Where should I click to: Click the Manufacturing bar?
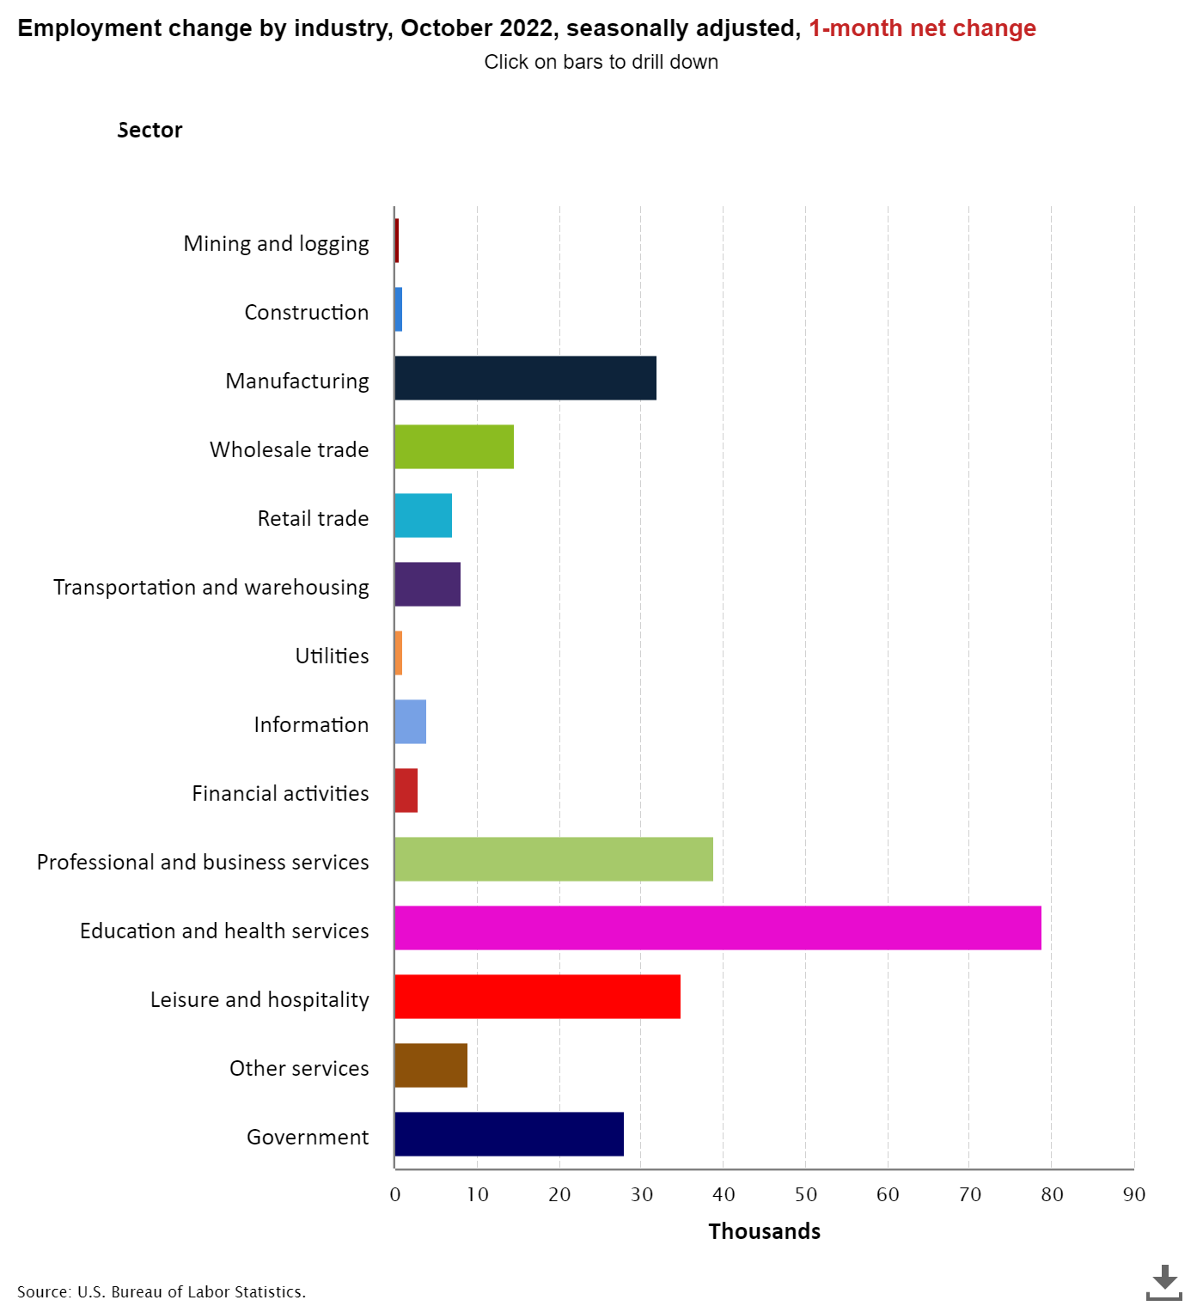point(525,378)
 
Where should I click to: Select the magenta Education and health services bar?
point(718,928)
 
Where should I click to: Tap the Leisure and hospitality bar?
point(537,997)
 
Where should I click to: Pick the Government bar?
point(509,1134)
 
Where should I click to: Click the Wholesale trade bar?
point(454,447)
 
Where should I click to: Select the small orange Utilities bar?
point(399,653)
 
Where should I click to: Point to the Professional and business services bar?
point(553,859)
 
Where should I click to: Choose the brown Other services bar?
point(431,1065)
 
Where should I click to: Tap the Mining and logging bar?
point(397,241)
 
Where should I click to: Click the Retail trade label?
point(313,518)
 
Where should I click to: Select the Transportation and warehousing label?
point(211,587)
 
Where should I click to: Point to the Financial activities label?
point(280,793)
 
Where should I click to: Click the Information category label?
point(311,724)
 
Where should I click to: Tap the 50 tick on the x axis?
point(805,1194)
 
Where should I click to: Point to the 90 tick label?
point(1133,1194)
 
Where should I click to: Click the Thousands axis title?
point(764,1231)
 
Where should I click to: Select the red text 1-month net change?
point(922,28)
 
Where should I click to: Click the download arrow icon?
point(1164,1281)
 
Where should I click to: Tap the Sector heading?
point(150,130)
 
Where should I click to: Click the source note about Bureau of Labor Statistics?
point(162,1291)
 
